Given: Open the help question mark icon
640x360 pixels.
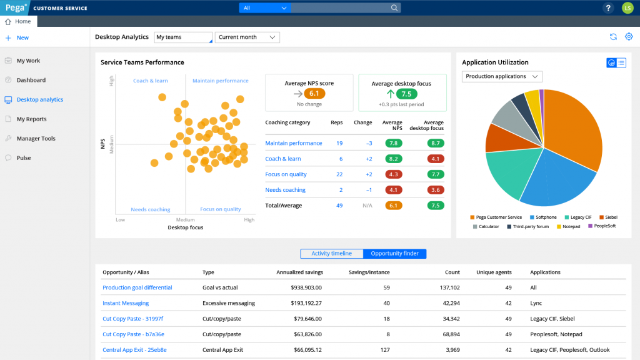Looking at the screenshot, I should [x=608, y=8].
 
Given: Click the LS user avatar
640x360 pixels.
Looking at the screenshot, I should [x=627, y=8].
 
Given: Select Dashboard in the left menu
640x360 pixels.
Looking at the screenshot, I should [x=31, y=80].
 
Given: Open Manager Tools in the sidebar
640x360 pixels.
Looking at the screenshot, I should [x=36, y=138].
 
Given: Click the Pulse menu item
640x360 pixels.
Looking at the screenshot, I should [x=24, y=158].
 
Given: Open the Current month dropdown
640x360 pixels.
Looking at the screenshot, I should [x=247, y=37].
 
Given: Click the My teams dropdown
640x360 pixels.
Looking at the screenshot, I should [x=183, y=37].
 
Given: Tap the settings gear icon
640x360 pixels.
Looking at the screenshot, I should [x=629, y=37].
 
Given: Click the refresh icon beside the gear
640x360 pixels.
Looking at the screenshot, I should [x=614, y=37].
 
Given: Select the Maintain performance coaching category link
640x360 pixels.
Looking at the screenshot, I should [x=293, y=143].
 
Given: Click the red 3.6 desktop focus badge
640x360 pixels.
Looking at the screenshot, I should [x=436, y=190].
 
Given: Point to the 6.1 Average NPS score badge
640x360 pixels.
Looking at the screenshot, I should [x=314, y=94].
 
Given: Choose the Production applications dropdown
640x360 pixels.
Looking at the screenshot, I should [x=502, y=76].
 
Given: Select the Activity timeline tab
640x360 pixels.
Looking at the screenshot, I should [x=331, y=254].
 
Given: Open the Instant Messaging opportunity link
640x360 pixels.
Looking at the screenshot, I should [x=126, y=303].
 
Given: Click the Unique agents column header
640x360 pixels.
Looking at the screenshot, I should [x=494, y=272].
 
